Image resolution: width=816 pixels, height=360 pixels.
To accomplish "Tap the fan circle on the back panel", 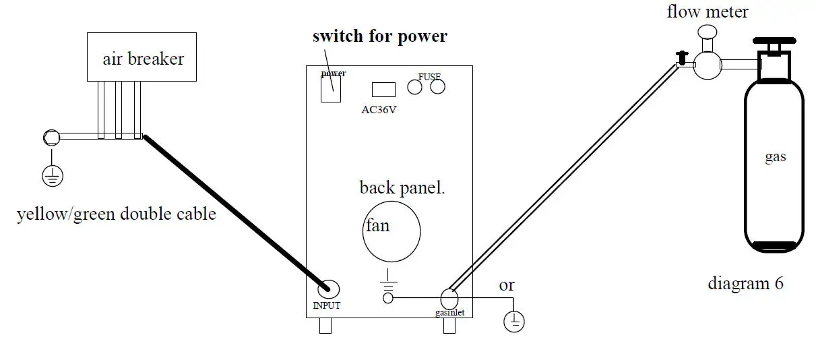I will pyautogui.click(x=391, y=231).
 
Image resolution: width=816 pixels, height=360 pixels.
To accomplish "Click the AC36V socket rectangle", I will pyautogui.click(x=383, y=89).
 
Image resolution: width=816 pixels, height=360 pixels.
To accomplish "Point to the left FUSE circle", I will pyautogui.click(x=414, y=86).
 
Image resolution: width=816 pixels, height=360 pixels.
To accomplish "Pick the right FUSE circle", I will pyautogui.click(x=437, y=86).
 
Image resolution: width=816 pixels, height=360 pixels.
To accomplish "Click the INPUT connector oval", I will pyautogui.click(x=327, y=288).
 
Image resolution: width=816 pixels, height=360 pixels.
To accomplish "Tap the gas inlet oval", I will pyautogui.click(x=449, y=297).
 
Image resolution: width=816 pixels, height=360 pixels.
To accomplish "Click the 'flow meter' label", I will pyautogui.click(x=708, y=11).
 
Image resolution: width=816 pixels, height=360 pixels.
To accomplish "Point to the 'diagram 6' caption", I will pyautogui.click(x=745, y=283).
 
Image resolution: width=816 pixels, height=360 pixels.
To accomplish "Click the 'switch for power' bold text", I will pyautogui.click(x=379, y=36).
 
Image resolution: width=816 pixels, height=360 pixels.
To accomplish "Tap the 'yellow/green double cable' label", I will pyautogui.click(x=117, y=214).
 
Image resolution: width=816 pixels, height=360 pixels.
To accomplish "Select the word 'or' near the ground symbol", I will pyautogui.click(x=507, y=285).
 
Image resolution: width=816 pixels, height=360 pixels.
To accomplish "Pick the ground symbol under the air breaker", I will pyautogui.click(x=53, y=177).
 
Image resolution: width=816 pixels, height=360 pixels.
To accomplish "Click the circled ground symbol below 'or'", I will pyautogui.click(x=513, y=322).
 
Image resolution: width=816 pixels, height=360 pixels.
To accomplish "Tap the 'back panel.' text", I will pyautogui.click(x=402, y=187).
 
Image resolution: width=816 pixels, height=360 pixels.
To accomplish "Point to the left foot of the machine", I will pyautogui.click(x=325, y=326).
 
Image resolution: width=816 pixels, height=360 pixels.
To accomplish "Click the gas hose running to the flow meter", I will pyautogui.click(x=566, y=177).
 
